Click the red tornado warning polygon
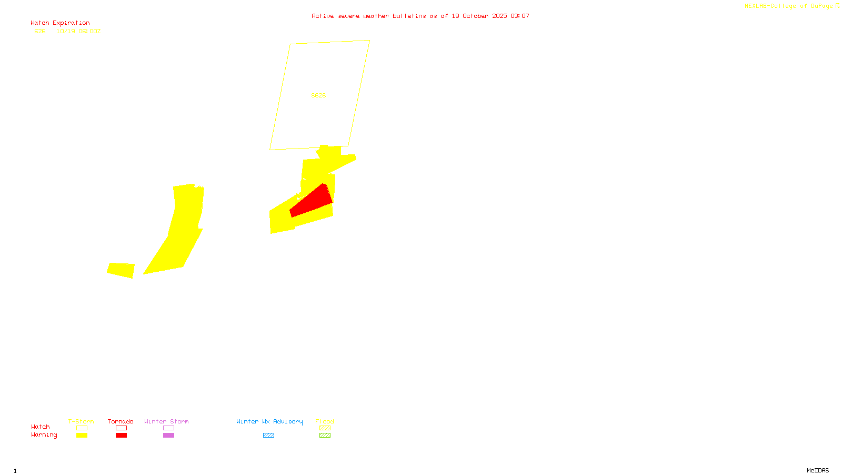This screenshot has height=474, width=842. pyautogui.click(x=312, y=202)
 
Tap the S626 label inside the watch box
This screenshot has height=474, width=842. pyautogui.click(x=318, y=95)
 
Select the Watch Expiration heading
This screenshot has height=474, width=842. pyautogui.click(x=60, y=23)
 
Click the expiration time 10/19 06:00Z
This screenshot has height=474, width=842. pyautogui.click(x=78, y=32)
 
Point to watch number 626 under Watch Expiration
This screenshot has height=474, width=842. pyautogui.click(x=40, y=32)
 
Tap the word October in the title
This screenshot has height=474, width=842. pyautogui.click(x=475, y=16)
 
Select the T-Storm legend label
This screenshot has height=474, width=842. pyautogui.click(x=81, y=421)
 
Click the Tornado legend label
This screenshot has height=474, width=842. pyautogui.click(x=121, y=421)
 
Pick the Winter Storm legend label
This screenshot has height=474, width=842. pyautogui.click(x=166, y=421)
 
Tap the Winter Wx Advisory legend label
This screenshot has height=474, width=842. pyautogui.click(x=269, y=421)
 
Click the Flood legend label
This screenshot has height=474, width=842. pyautogui.click(x=325, y=421)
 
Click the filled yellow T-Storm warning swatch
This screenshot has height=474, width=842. pyautogui.click(x=82, y=436)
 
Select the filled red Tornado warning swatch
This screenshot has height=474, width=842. pyautogui.click(x=121, y=436)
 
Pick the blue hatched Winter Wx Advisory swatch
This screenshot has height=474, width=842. pyautogui.click(x=268, y=436)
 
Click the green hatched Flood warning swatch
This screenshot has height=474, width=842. pyautogui.click(x=325, y=436)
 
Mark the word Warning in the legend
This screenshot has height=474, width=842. pyautogui.click(x=44, y=435)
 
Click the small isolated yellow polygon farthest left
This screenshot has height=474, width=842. pyautogui.click(x=121, y=270)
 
